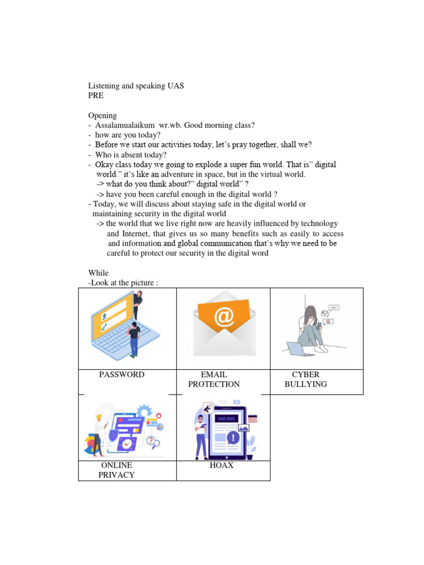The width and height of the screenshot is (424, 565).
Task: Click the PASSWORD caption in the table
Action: point(121,375)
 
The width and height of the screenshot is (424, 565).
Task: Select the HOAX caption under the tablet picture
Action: point(221,466)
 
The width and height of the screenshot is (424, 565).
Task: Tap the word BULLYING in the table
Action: point(305,384)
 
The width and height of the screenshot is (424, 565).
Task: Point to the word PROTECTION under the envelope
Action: point(214,384)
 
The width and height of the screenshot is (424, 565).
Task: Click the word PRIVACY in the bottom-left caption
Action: point(116,475)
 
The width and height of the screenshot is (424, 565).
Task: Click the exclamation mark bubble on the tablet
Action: point(234,438)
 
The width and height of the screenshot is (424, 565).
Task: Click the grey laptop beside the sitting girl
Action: point(296,349)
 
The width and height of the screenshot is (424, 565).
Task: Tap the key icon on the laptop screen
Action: point(104,327)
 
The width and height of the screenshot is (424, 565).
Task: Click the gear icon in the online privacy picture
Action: point(145,411)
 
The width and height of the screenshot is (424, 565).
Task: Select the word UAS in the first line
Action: point(175,86)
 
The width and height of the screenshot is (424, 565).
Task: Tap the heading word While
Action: point(98,273)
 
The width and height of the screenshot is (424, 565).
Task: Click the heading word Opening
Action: point(102,115)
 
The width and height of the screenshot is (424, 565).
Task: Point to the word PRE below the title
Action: point(96,96)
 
